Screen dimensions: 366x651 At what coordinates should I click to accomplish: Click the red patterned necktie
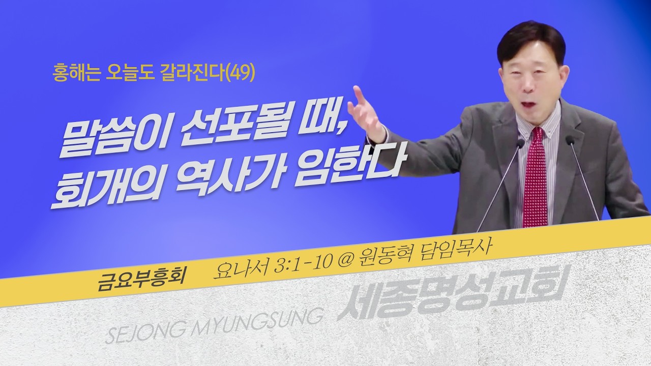[x=535, y=178]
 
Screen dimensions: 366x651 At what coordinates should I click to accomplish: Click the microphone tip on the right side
[x=570, y=139]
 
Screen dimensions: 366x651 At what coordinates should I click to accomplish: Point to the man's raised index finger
[x=358, y=95]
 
